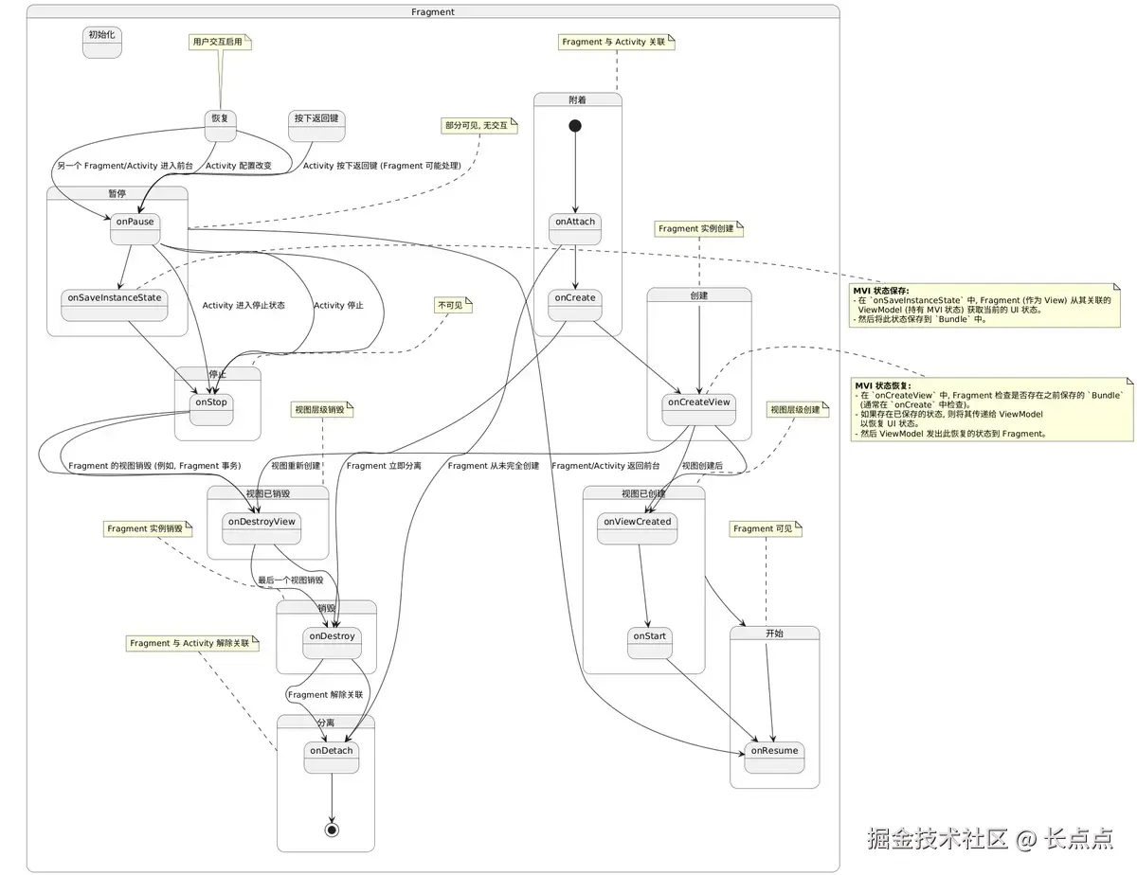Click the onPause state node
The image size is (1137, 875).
[135, 229]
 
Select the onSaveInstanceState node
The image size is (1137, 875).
[114, 305]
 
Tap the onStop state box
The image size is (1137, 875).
[211, 409]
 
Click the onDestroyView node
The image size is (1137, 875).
[262, 528]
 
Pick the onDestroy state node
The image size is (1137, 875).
[331, 643]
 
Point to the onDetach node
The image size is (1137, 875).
[331, 758]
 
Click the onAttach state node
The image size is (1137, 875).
[575, 229]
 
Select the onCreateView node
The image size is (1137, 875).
[699, 409]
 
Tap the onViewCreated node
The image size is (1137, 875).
[637, 528]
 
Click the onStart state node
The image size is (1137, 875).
[650, 643]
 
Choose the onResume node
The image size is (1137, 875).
[774, 758]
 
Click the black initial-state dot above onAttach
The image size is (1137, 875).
[575, 126]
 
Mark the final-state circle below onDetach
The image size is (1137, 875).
[332, 829]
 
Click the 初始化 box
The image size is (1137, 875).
[102, 42]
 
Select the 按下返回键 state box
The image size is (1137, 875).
[316, 126]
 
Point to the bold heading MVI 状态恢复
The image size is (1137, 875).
[882, 385]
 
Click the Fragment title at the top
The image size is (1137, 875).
[433, 11]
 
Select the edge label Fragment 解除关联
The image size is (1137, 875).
[325, 695]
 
